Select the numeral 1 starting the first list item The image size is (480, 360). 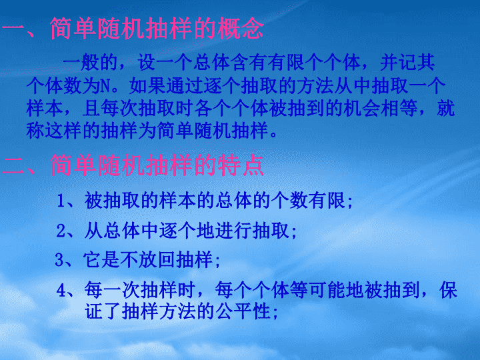tap(61, 201)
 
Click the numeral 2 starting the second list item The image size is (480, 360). tap(61, 231)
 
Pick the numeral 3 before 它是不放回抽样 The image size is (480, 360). tap(59, 260)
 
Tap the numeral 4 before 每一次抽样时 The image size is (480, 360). tap(61, 290)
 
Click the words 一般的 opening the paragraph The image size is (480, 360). tap(90, 63)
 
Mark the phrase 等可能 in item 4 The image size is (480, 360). tap(318, 290)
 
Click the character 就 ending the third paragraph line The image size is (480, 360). tap(446, 109)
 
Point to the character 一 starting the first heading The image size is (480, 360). tap(13, 30)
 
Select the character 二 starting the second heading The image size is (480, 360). tap(13, 165)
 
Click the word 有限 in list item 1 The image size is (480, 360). tap(327, 201)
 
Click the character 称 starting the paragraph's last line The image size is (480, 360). tap(35, 131)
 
